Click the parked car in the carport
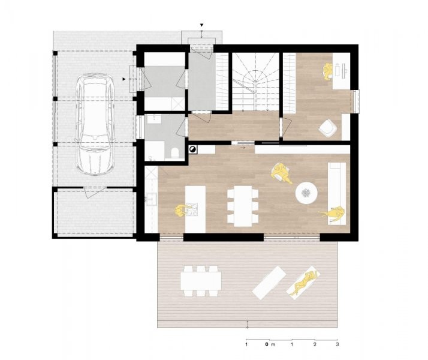point(95,124)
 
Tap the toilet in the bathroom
point(174,154)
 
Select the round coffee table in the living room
point(306,193)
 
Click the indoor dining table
point(243,206)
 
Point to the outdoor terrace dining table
point(201,281)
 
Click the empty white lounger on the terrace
point(269,283)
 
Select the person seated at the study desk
point(327,71)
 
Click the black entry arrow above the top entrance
point(202,25)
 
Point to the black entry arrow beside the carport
point(124,79)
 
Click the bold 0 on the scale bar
point(267,344)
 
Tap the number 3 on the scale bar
point(337,344)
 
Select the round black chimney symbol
point(192,149)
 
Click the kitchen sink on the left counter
point(150,199)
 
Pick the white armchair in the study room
point(327,128)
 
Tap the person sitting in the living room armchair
point(281,172)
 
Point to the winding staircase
point(255,82)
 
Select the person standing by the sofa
point(332,214)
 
